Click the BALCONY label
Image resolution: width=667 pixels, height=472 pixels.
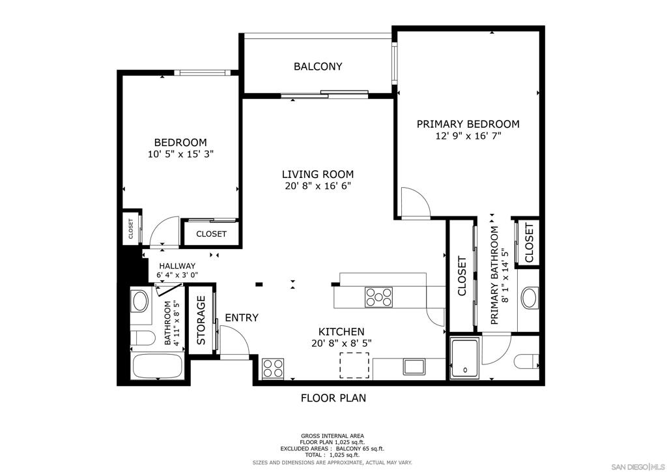click(x=318, y=66)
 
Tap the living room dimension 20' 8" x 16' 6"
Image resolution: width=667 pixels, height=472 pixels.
click(x=318, y=186)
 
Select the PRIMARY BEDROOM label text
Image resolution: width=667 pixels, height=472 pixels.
click(x=468, y=124)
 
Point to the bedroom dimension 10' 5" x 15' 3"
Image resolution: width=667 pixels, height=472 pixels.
click(x=180, y=155)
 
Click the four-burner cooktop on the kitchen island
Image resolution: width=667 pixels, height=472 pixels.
click(x=378, y=297)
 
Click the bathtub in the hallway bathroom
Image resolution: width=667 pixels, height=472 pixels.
click(x=157, y=367)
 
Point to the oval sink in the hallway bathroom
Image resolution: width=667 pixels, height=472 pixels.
click(x=140, y=301)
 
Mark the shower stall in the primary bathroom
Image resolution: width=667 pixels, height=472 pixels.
click(x=465, y=358)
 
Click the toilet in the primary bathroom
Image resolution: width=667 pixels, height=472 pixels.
click(x=525, y=361)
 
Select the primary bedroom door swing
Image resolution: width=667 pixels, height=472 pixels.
click(x=414, y=202)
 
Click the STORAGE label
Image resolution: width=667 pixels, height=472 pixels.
click(x=201, y=320)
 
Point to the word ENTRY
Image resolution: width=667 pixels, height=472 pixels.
click(x=242, y=318)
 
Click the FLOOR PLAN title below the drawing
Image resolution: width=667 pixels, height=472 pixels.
click(x=333, y=398)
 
